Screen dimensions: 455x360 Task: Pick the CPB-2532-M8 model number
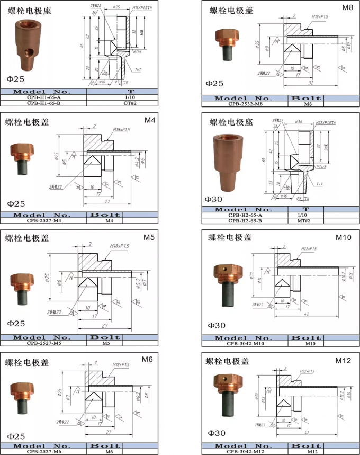(x=245, y=104)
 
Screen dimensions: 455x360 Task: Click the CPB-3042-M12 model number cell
(x=245, y=452)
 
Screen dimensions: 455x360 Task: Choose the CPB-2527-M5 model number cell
(x=43, y=343)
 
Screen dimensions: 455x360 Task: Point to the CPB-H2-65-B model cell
(x=245, y=220)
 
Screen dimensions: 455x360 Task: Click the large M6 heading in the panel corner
(x=148, y=360)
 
